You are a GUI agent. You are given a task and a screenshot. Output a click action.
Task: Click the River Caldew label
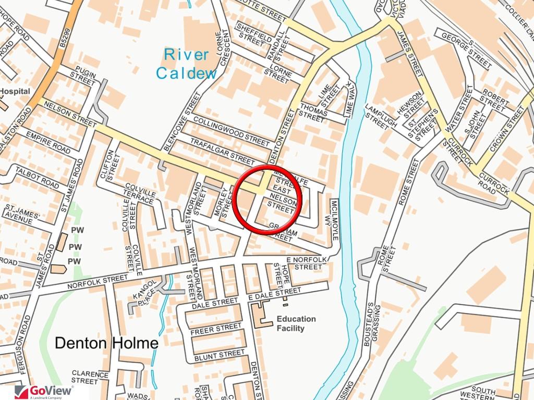pos(186,64)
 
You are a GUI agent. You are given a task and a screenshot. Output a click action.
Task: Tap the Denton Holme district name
pos(106,343)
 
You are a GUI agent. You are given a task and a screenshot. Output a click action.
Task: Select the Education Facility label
pos(296,323)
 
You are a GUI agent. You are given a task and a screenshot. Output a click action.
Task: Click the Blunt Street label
pos(219,356)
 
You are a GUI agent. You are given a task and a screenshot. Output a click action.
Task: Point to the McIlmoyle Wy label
pos(335,219)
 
